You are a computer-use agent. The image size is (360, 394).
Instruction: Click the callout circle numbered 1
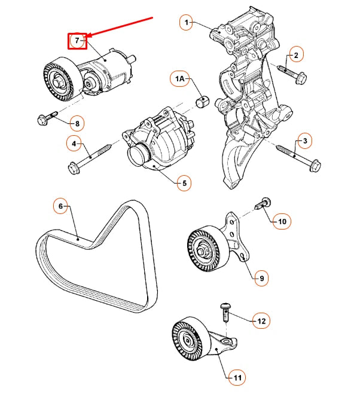[x=187, y=23]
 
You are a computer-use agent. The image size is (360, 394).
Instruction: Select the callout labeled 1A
[x=179, y=79]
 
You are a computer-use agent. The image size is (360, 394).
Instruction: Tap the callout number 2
[x=295, y=55]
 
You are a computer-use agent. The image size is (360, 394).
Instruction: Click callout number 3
[x=305, y=141]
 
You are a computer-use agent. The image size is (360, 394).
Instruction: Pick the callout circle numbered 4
[x=75, y=143]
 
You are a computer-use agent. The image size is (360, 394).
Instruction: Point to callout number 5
[x=184, y=183]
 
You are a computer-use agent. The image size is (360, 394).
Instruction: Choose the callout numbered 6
[x=60, y=207]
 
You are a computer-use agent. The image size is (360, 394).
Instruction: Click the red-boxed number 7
[x=77, y=41]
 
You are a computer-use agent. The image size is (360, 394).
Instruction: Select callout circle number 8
[x=76, y=124]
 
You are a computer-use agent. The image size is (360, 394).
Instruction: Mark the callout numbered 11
[x=237, y=377]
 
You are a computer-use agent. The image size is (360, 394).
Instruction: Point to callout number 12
[x=261, y=321]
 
